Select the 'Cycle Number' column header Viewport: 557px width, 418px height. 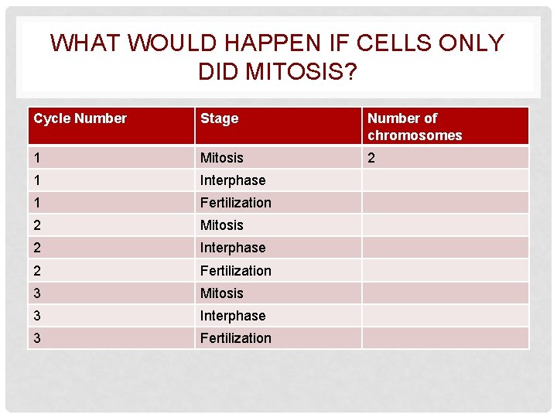coord(80,118)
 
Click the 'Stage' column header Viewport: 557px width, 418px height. coord(219,118)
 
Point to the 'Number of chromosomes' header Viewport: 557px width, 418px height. coord(414,127)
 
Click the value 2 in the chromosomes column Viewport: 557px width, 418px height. coord(371,158)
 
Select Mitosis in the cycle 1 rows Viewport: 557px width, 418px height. coord(221,158)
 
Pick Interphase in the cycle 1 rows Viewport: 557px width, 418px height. coord(232,180)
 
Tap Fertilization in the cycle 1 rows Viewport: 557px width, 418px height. coord(235,203)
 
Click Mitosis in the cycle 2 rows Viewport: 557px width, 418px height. coord(221,225)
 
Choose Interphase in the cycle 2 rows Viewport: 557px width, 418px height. coord(232,248)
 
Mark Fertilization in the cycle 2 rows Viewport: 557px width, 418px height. coord(235,271)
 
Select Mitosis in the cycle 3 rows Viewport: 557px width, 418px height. coord(221,293)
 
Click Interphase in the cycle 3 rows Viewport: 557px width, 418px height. coord(232,316)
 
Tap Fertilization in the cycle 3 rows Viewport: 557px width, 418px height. coord(235,338)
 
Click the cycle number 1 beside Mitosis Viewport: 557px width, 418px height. coord(37,158)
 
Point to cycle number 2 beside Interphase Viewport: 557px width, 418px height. coord(37,248)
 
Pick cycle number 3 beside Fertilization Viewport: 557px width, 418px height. coord(37,338)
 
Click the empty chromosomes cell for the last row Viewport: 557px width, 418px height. coord(445,338)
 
